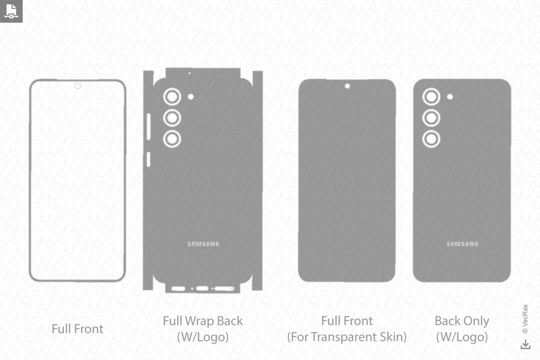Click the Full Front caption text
[77, 329]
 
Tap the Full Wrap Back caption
[202, 321]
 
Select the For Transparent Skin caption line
[346, 337]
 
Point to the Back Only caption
[461, 321]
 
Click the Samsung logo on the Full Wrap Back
[203, 244]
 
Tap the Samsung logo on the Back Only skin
[462, 244]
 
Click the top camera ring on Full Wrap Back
[172, 96]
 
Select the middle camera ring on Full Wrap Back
[172, 117]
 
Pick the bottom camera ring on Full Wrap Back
[172, 138]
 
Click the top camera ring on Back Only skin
[431, 96]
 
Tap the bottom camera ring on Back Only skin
[431, 138]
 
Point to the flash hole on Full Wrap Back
[190, 96]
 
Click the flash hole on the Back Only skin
[450, 96]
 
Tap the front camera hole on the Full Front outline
[77, 86]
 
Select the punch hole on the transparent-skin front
[347, 86]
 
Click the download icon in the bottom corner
[525, 344]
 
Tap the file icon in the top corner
[11, 11]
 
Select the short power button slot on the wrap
[147, 159]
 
